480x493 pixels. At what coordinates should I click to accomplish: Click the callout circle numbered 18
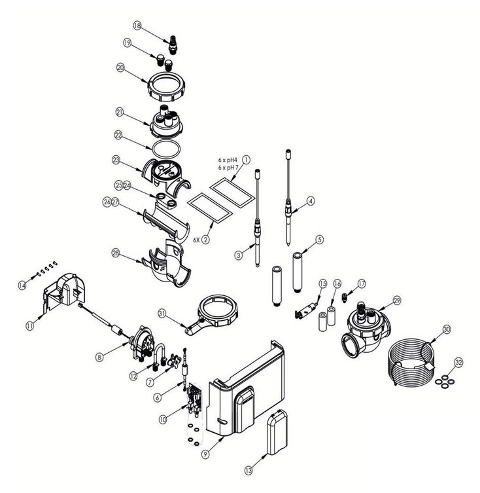coord(137,26)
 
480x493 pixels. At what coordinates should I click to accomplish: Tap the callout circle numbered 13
coord(249,470)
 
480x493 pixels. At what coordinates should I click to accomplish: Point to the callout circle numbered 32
coord(459,363)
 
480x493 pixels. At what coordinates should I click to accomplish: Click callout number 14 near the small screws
coord(22,285)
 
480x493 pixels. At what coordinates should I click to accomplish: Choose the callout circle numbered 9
coord(205,454)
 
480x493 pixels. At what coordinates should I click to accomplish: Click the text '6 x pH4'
coord(227,160)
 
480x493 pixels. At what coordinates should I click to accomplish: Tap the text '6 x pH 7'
coord(228,168)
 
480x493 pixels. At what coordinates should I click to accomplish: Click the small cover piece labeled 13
coord(277,432)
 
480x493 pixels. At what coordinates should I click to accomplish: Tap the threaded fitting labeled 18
coord(172,45)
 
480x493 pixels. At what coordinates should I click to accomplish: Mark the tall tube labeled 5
coord(298,271)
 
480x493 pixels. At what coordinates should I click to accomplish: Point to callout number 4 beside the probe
coord(311,201)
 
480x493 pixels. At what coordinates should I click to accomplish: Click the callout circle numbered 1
coord(247,160)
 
